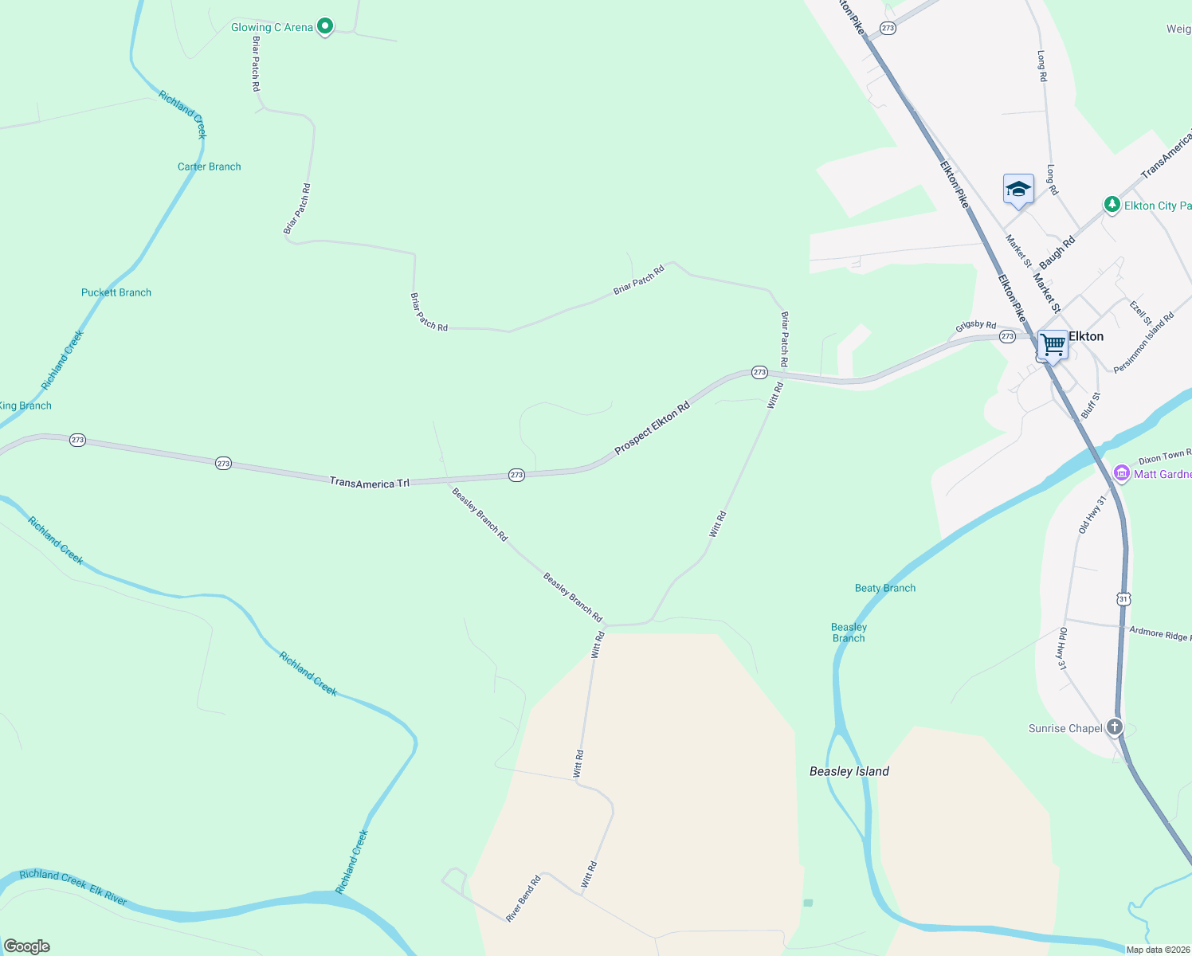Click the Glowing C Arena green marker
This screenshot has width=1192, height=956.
pos(324,27)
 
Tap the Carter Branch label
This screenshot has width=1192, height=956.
pos(209,167)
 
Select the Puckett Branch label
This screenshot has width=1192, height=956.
pos(116,292)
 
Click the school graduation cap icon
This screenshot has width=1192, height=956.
pos(1018,190)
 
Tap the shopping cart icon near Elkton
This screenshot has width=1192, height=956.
pos(1053,346)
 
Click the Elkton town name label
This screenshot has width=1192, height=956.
pos(1086,336)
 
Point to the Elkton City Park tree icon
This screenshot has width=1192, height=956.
pos(1112,205)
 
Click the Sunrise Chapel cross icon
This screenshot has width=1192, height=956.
pos(1115,727)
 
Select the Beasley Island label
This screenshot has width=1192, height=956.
pos(849,771)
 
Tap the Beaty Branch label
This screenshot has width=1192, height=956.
pos(884,588)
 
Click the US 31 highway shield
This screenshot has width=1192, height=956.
pos(1123,598)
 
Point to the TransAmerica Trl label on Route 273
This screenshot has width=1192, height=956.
pos(369,483)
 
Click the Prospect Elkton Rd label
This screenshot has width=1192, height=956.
pos(652,429)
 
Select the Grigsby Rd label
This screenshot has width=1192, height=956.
pos(976,326)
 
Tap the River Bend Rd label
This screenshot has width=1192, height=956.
pos(523,899)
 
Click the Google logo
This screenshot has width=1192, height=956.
pos(27,946)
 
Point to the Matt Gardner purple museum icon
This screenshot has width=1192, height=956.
pos(1122,473)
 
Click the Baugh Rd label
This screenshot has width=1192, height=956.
pos(1057,253)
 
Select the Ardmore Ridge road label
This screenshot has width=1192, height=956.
pos(1159,633)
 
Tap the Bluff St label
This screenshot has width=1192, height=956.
pos(1091,406)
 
